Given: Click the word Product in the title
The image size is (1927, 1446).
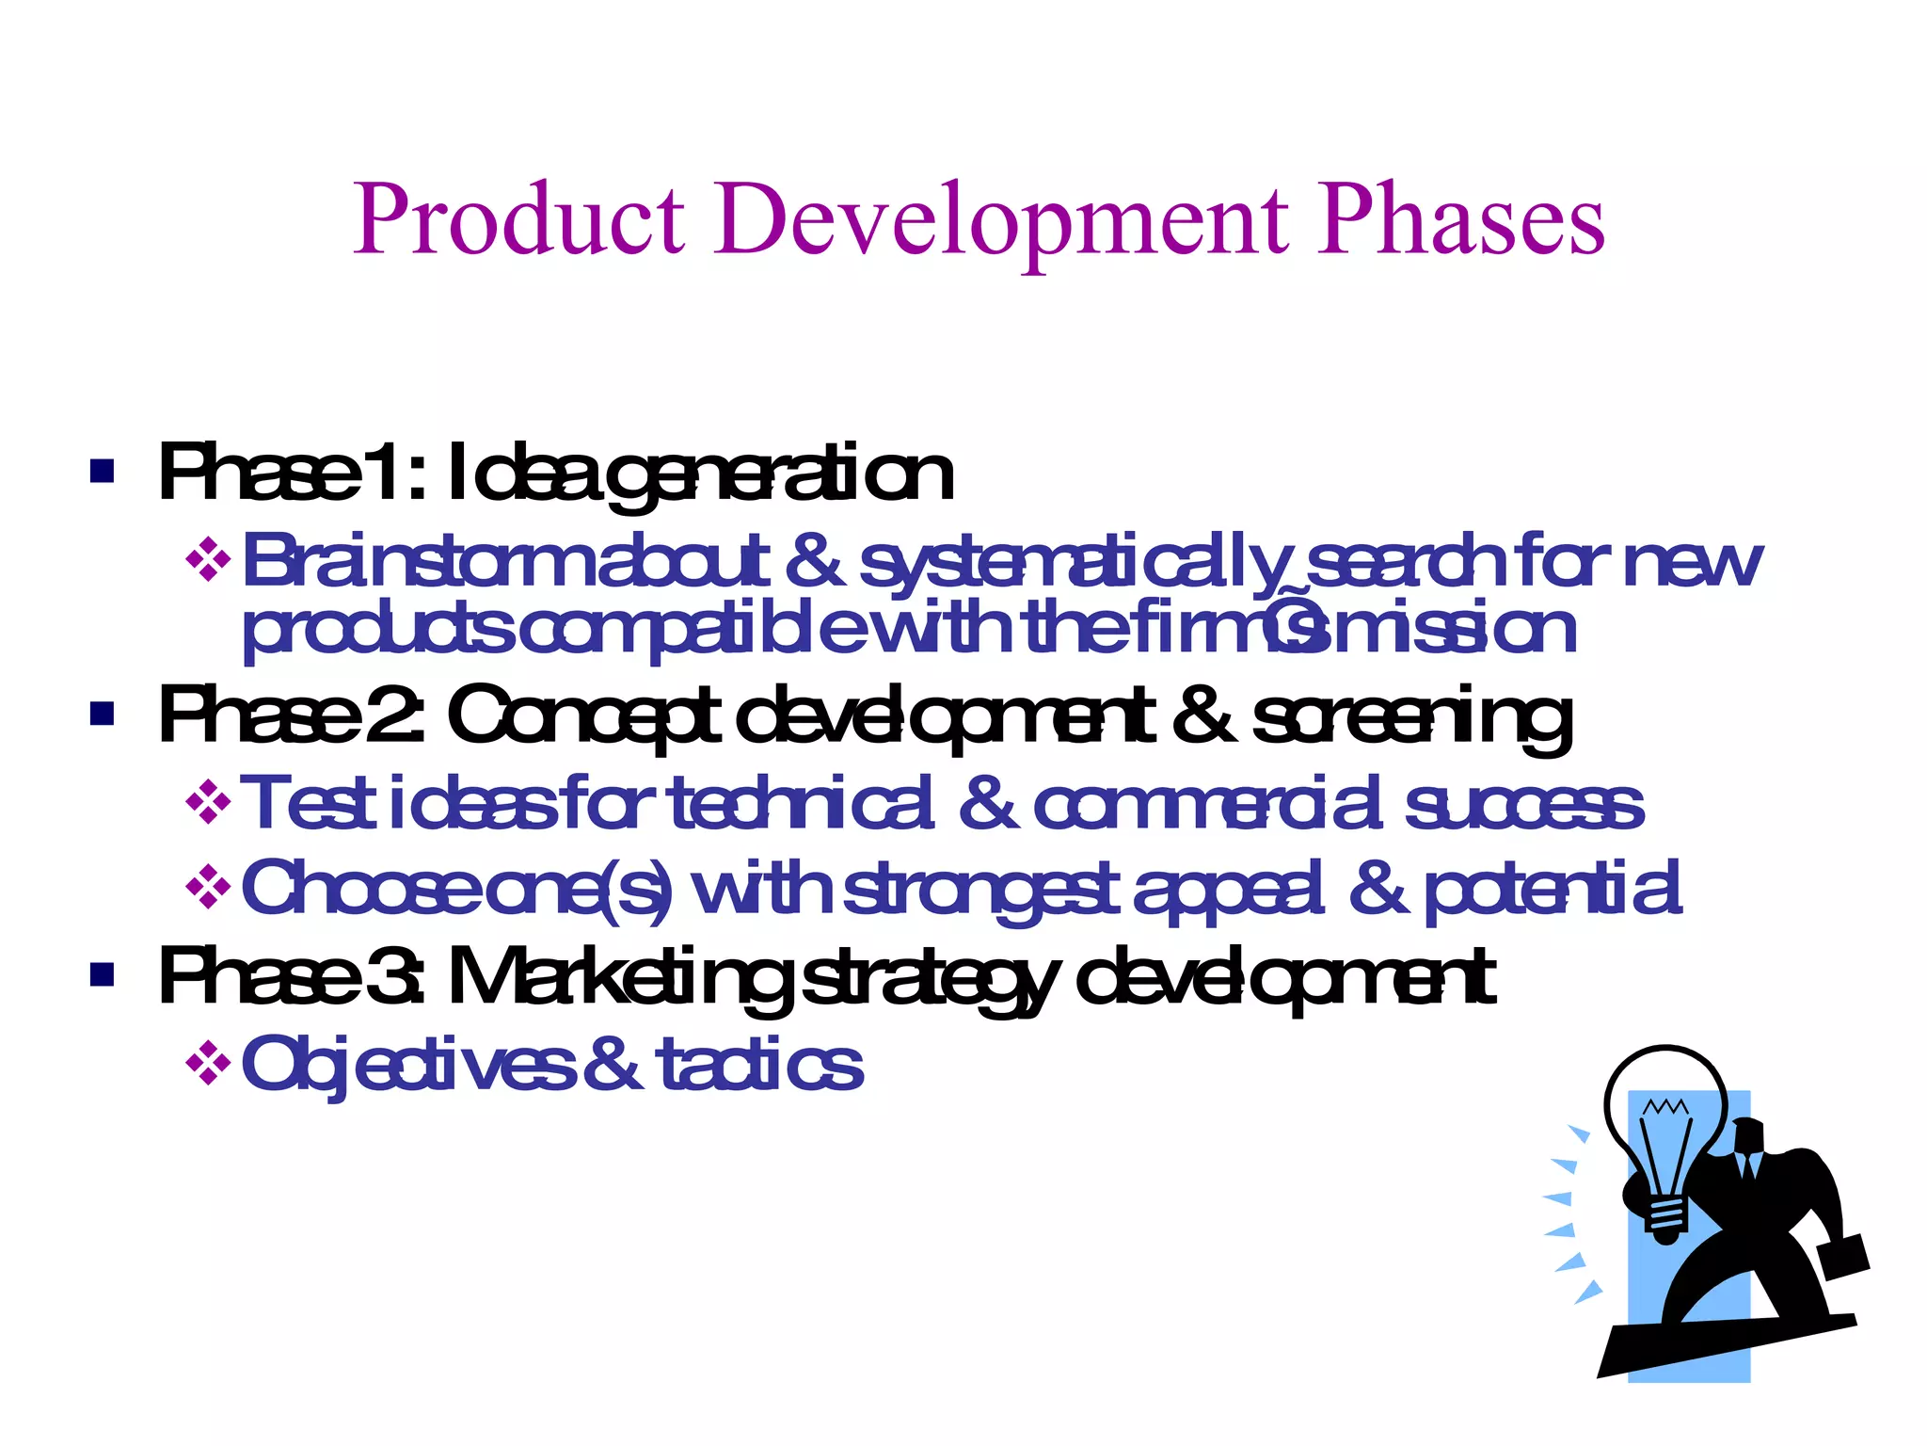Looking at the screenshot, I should pyautogui.click(x=518, y=221).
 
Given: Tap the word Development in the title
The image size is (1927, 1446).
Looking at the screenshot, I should pyautogui.click(x=1001, y=221).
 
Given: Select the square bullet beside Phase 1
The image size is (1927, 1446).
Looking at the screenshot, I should pyautogui.click(x=102, y=471).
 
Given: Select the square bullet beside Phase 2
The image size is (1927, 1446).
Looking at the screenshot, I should pyautogui.click(x=102, y=714).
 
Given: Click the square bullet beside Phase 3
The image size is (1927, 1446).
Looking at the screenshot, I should pyautogui.click(x=102, y=974).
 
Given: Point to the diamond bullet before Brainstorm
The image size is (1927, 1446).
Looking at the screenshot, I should pyautogui.click(x=208, y=561).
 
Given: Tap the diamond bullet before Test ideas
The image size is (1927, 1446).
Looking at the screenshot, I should pyautogui.click(x=208, y=804).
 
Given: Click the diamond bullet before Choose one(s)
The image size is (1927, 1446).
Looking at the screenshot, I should pyautogui.click(x=208, y=887).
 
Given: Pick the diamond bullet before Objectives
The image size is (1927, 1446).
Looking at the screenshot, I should pyautogui.click(x=208, y=1065).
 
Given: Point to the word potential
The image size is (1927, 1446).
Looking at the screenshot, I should pyautogui.click(x=1553, y=889).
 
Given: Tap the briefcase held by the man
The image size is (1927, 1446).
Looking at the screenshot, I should pyautogui.click(x=1844, y=1257).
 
